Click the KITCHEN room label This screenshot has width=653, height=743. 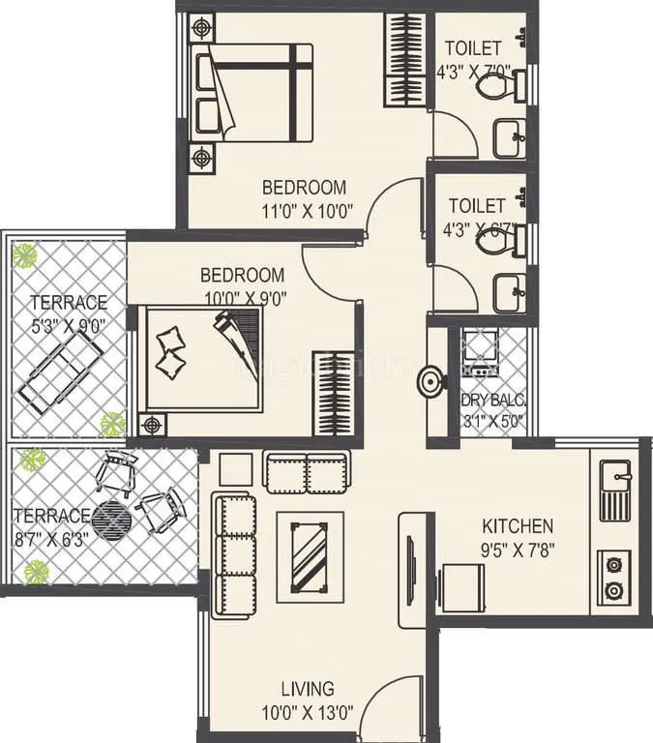click(x=519, y=526)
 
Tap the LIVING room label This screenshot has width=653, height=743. click(x=308, y=690)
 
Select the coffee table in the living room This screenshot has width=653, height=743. click(x=310, y=556)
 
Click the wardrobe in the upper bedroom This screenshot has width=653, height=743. click(x=406, y=60)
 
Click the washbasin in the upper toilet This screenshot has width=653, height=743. click(x=509, y=138)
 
